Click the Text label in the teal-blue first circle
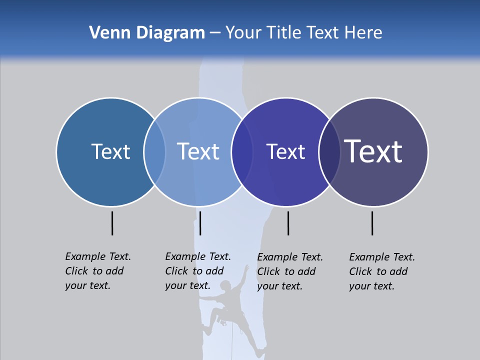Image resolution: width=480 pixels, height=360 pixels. [x=110, y=151]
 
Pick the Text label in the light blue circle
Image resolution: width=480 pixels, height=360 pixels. [x=198, y=151]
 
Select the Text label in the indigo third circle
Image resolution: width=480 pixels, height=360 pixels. [x=285, y=151]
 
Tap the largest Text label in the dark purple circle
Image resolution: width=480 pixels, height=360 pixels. [x=373, y=151]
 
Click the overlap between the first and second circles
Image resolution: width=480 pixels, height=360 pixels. [x=154, y=152]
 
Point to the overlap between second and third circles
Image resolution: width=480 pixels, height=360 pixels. [x=242, y=152]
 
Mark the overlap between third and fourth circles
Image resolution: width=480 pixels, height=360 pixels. [x=329, y=152]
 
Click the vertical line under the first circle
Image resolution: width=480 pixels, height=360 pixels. [x=112, y=223]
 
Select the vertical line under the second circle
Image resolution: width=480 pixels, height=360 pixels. [x=200, y=223]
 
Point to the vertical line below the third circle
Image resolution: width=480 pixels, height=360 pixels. [x=288, y=223]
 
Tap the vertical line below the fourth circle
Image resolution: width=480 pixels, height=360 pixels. [x=372, y=223]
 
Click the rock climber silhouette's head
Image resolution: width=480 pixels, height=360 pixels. [x=226, y=285]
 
